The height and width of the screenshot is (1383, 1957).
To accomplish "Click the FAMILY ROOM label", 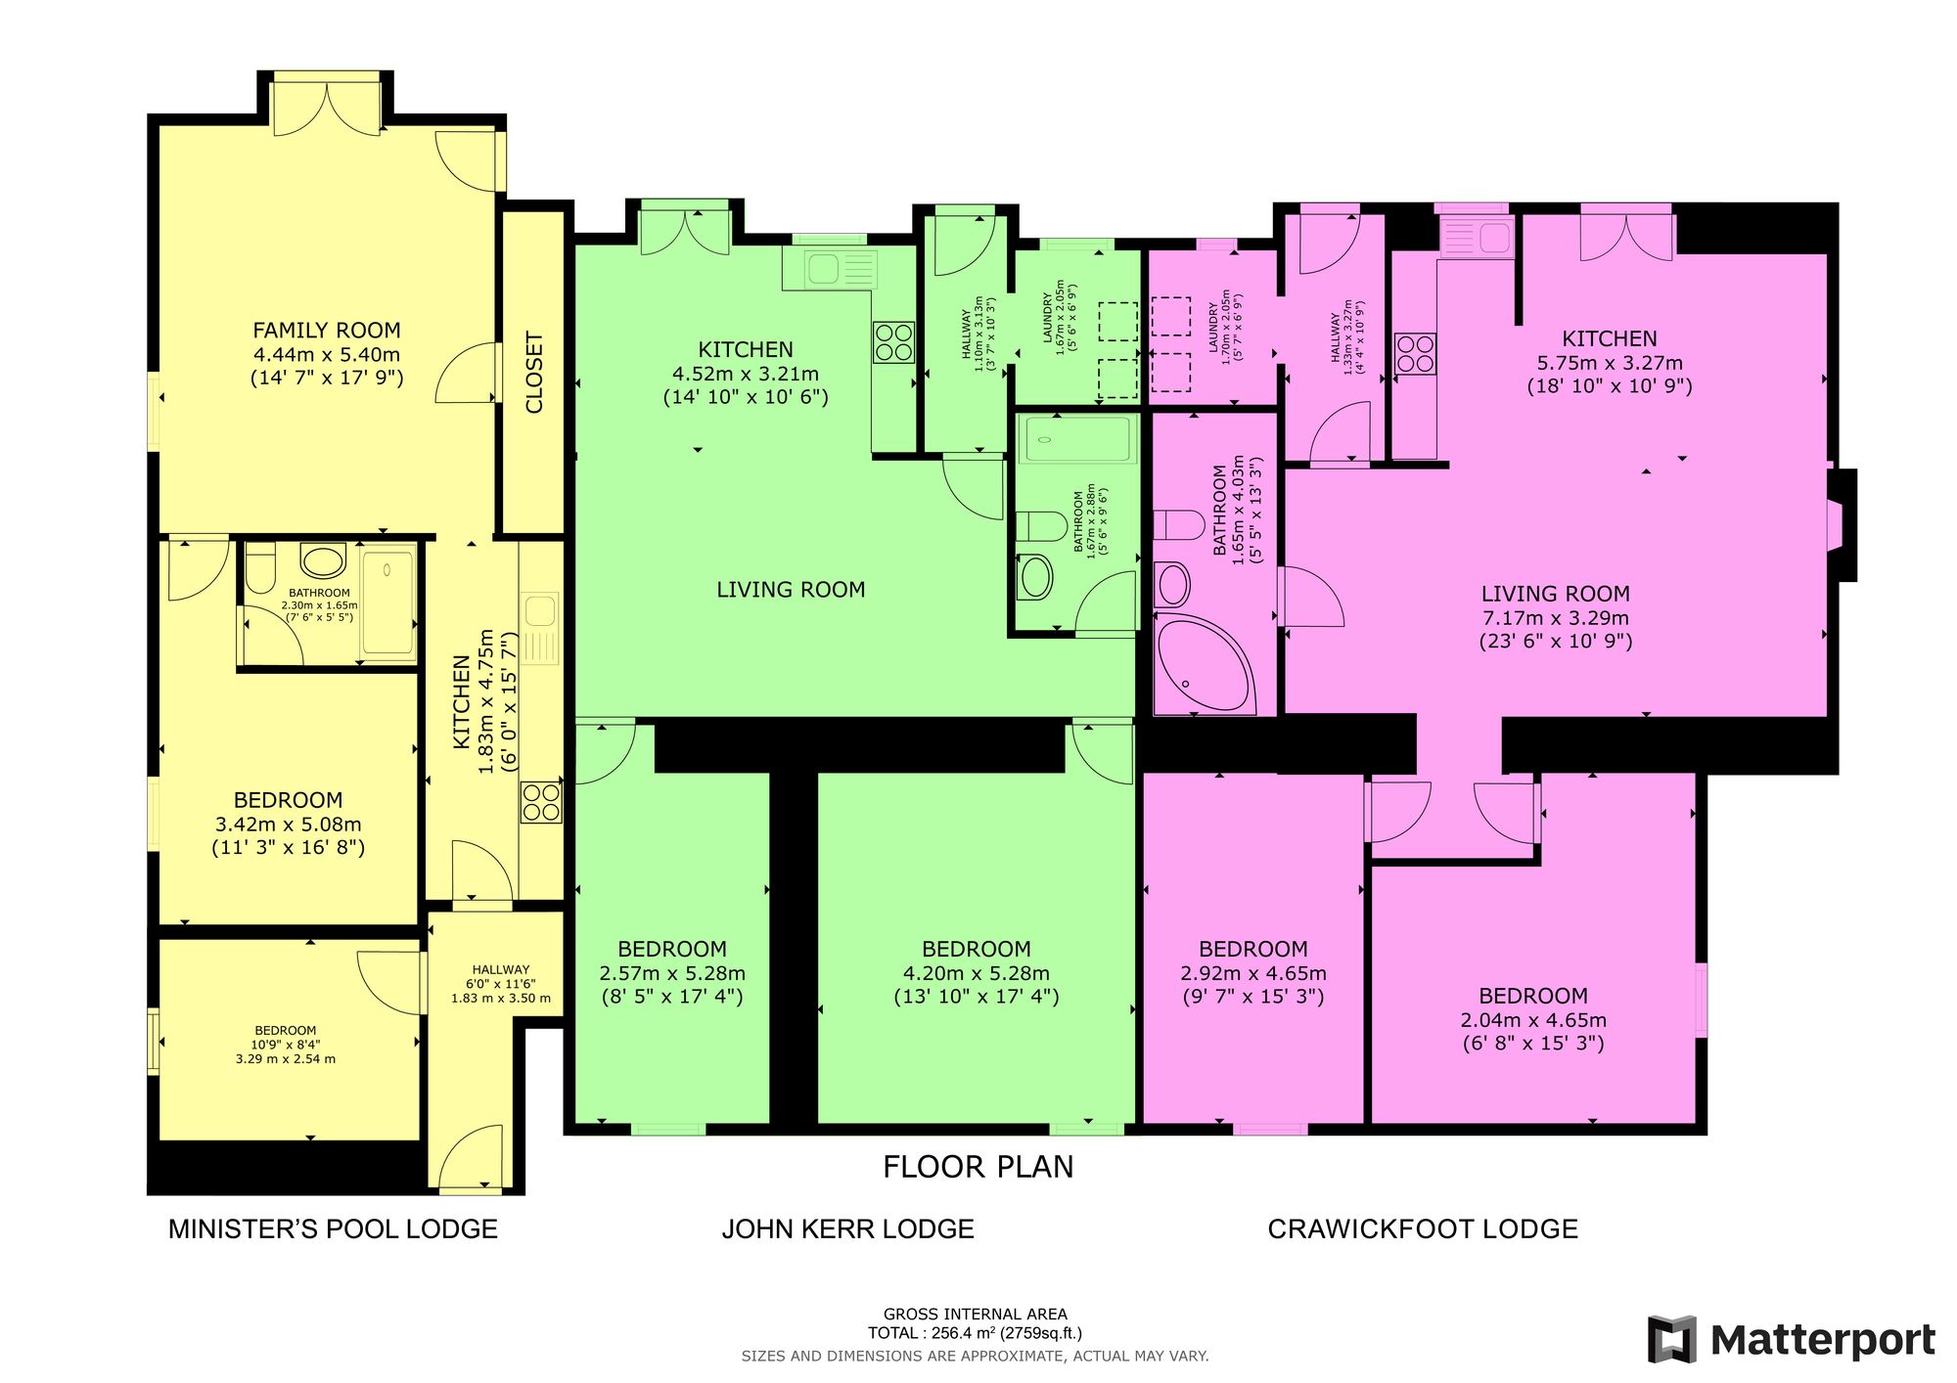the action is pyautogui.click(x=327, y=331).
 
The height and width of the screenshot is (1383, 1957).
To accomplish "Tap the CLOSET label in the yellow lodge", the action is pyautogui.click(x=534, y=373).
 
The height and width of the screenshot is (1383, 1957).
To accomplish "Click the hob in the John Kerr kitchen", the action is pyautogui.click(x=893, y=343).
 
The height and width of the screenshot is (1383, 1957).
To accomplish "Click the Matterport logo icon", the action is pyautogui.click(x=1672, y=1339).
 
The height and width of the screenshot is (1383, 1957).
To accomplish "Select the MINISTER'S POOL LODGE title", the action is pyautogui.click(x=333, y=1229).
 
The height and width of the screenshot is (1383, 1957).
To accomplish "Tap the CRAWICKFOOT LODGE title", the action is pyautogui.click(x=1423, y=1229).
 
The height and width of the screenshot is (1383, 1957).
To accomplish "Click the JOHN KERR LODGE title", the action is pyautogui.click(x=847, y=1229).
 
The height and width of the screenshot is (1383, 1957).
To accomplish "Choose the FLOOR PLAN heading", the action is pyautogui.click(x=978, y=1167).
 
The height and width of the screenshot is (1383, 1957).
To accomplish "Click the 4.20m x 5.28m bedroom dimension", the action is pyautogui.click(x=977, y=973).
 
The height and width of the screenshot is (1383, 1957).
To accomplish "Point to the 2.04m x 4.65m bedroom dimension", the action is pyautogui.click(x=1533, y=1020).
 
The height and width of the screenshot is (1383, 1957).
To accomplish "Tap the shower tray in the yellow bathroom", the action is pyautogui.click(x=388, y=601).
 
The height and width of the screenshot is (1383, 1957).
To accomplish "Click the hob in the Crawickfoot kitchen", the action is pyautogui.click(x=1415, y=354).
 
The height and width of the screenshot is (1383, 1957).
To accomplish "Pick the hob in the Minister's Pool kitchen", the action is pyautogui.click(x=541, y=803).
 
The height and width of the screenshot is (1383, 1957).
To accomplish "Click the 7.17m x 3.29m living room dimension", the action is pyautogui.click(x=1555, y=618).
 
